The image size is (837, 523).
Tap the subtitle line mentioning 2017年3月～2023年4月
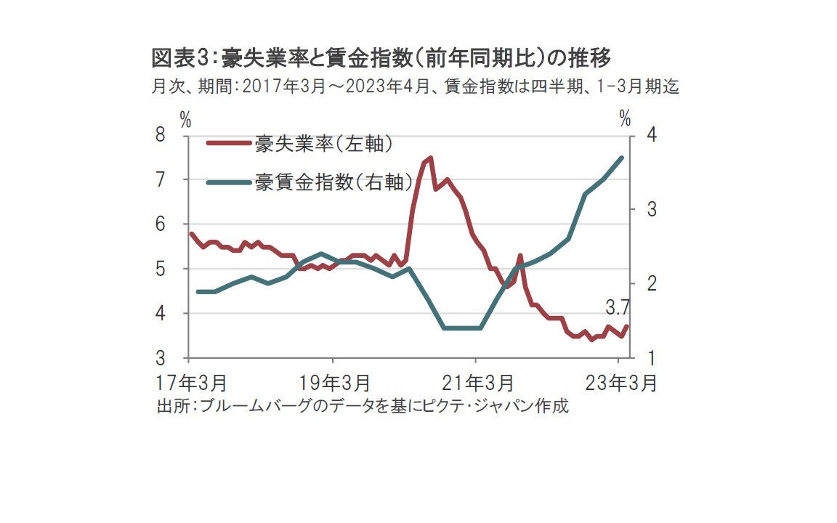[x=415, y=87]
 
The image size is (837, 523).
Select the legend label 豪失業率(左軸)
[x=324, y=144]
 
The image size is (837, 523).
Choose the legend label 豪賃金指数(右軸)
[x=333, y=182]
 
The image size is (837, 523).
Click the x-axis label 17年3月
[x=190, y=382]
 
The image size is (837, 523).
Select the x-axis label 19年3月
[x=333, y=382]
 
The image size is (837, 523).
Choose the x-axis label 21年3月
[x=476, y=382]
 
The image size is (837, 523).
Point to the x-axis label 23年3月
[x=618, y=382]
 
